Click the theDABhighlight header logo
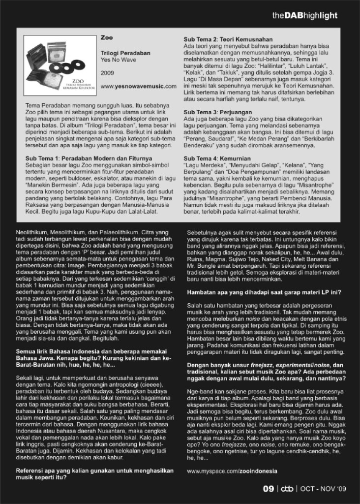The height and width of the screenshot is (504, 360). tap(304, 15)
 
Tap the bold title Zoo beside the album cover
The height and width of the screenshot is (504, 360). tap(107, 37)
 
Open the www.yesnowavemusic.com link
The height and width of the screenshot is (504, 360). tap(138, 86)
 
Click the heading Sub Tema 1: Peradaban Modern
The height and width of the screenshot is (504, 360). tap(88, 157)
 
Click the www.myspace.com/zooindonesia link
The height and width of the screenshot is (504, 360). tap(232, 471)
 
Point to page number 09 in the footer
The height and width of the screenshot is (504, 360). tap(268, 489)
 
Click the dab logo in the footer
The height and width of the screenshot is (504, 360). tap(287, 489)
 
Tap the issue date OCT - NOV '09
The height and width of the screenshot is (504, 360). tap(323, 489)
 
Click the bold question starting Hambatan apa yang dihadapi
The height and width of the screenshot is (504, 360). tap(264, 293)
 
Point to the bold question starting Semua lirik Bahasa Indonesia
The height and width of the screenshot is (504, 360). tap(93, 358)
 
